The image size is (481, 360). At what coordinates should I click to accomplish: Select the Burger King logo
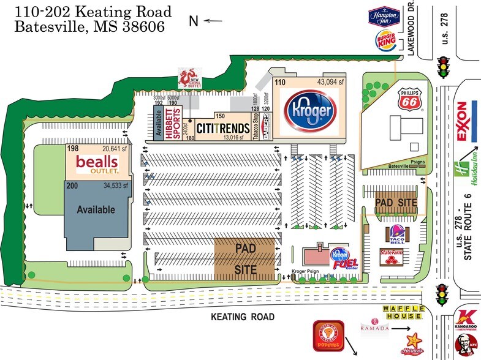(382, 42)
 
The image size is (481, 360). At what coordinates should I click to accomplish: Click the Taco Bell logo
(395, 234)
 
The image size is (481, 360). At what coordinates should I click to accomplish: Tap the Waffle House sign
(402, 312)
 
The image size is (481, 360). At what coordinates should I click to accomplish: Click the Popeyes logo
(326, 336)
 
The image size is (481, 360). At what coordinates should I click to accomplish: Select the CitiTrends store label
(221, 128)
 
